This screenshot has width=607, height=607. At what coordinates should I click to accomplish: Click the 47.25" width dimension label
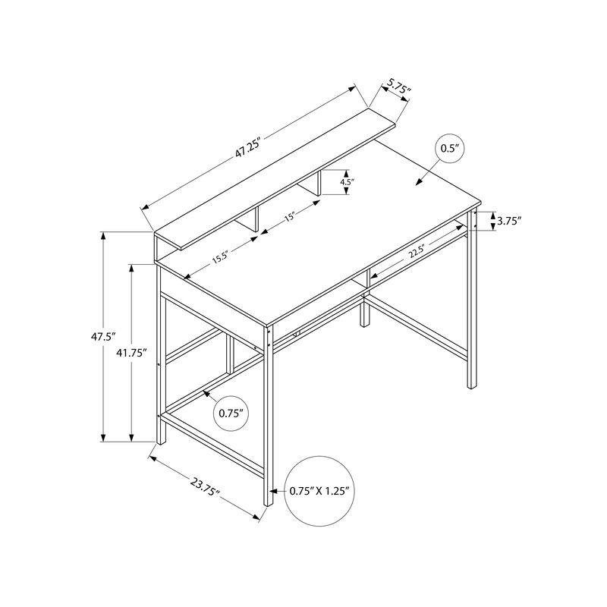247,146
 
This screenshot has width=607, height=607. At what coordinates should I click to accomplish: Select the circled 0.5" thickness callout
449,149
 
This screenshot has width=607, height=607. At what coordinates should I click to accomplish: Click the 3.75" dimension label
509,221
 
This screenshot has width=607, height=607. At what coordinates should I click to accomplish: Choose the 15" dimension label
291,216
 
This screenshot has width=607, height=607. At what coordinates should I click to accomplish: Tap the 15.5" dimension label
221,257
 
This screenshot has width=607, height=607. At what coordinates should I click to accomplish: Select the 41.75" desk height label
131,353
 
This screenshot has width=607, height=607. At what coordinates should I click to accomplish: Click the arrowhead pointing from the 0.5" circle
419,183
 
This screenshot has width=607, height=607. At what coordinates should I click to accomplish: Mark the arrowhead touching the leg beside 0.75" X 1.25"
273,491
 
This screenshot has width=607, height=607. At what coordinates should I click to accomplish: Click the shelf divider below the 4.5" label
319,184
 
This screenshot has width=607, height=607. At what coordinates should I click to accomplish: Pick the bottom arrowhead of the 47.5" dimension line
103,438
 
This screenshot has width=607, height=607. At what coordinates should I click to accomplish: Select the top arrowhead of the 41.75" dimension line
131,269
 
